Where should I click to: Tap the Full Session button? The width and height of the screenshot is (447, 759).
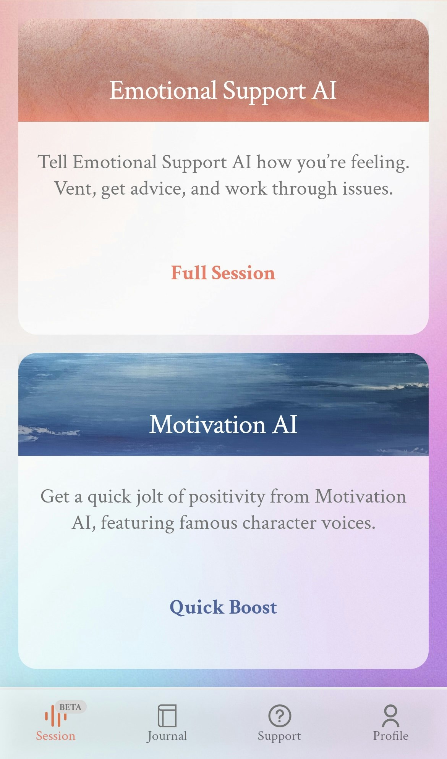pos(223,273)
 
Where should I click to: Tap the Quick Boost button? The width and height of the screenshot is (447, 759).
pos(223,607)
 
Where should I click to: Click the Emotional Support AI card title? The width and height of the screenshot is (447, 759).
pos(223,91)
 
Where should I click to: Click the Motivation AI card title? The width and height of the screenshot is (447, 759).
pos(223,425)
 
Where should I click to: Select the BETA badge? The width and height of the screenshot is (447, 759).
pos(70,707)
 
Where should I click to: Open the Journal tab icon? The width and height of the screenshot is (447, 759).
pos(167,715)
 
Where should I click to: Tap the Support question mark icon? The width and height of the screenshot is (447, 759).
pos(279,715)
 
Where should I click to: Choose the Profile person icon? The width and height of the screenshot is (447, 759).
pos(390,715)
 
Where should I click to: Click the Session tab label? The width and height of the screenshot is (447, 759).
pos(55,736)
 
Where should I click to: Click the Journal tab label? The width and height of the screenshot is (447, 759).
pos(167,736)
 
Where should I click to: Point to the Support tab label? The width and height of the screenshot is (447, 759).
pos(279,736)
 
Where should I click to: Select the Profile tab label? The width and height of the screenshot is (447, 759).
pos(390,736)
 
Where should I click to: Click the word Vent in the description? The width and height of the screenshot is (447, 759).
pos(73,189)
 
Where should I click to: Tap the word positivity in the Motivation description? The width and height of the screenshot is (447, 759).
pos(227,497)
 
